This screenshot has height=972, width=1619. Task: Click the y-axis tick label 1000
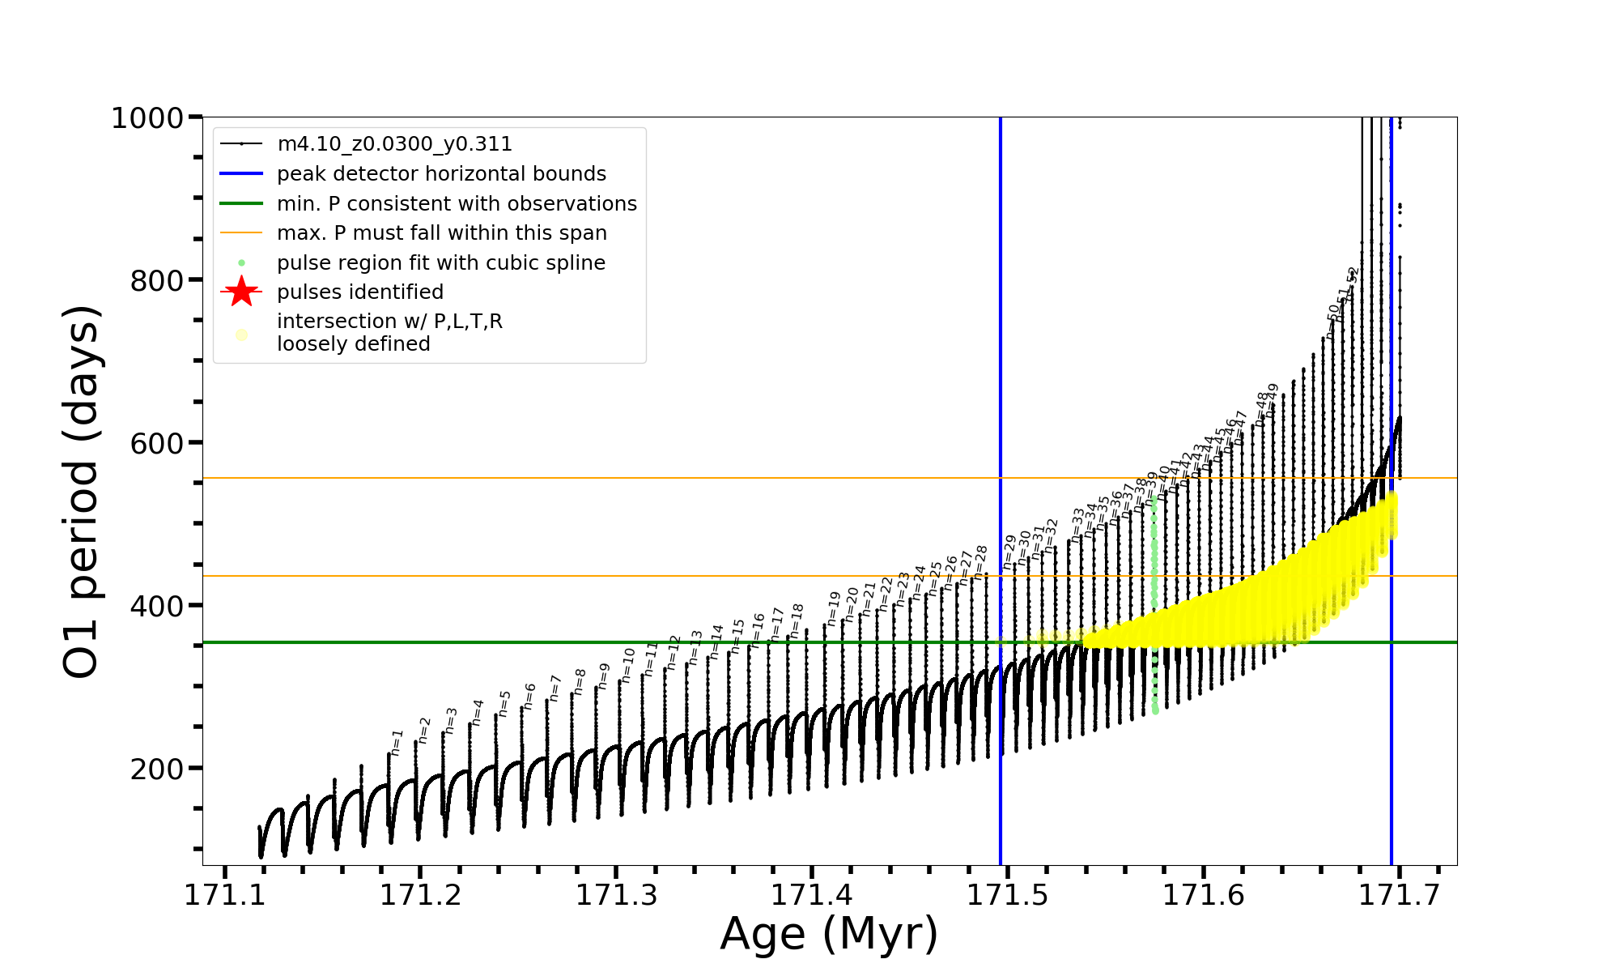[147, 118]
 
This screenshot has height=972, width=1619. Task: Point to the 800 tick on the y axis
[157, 281]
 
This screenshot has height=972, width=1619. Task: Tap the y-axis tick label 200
[157, 769]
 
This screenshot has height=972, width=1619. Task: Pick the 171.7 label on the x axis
[1398, 895]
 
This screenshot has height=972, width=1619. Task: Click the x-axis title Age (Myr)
[829, 934]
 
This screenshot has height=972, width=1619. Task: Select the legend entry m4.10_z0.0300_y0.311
[394, 144]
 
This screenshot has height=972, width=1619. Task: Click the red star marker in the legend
[241, 292]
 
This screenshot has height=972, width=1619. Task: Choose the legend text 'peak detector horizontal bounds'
[441, 174]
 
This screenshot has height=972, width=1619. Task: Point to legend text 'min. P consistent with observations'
[457, 203]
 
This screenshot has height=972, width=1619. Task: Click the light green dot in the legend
[241, 262]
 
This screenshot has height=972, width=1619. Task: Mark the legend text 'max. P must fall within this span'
[441, 233]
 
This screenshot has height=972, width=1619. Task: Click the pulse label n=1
[397, 742]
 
